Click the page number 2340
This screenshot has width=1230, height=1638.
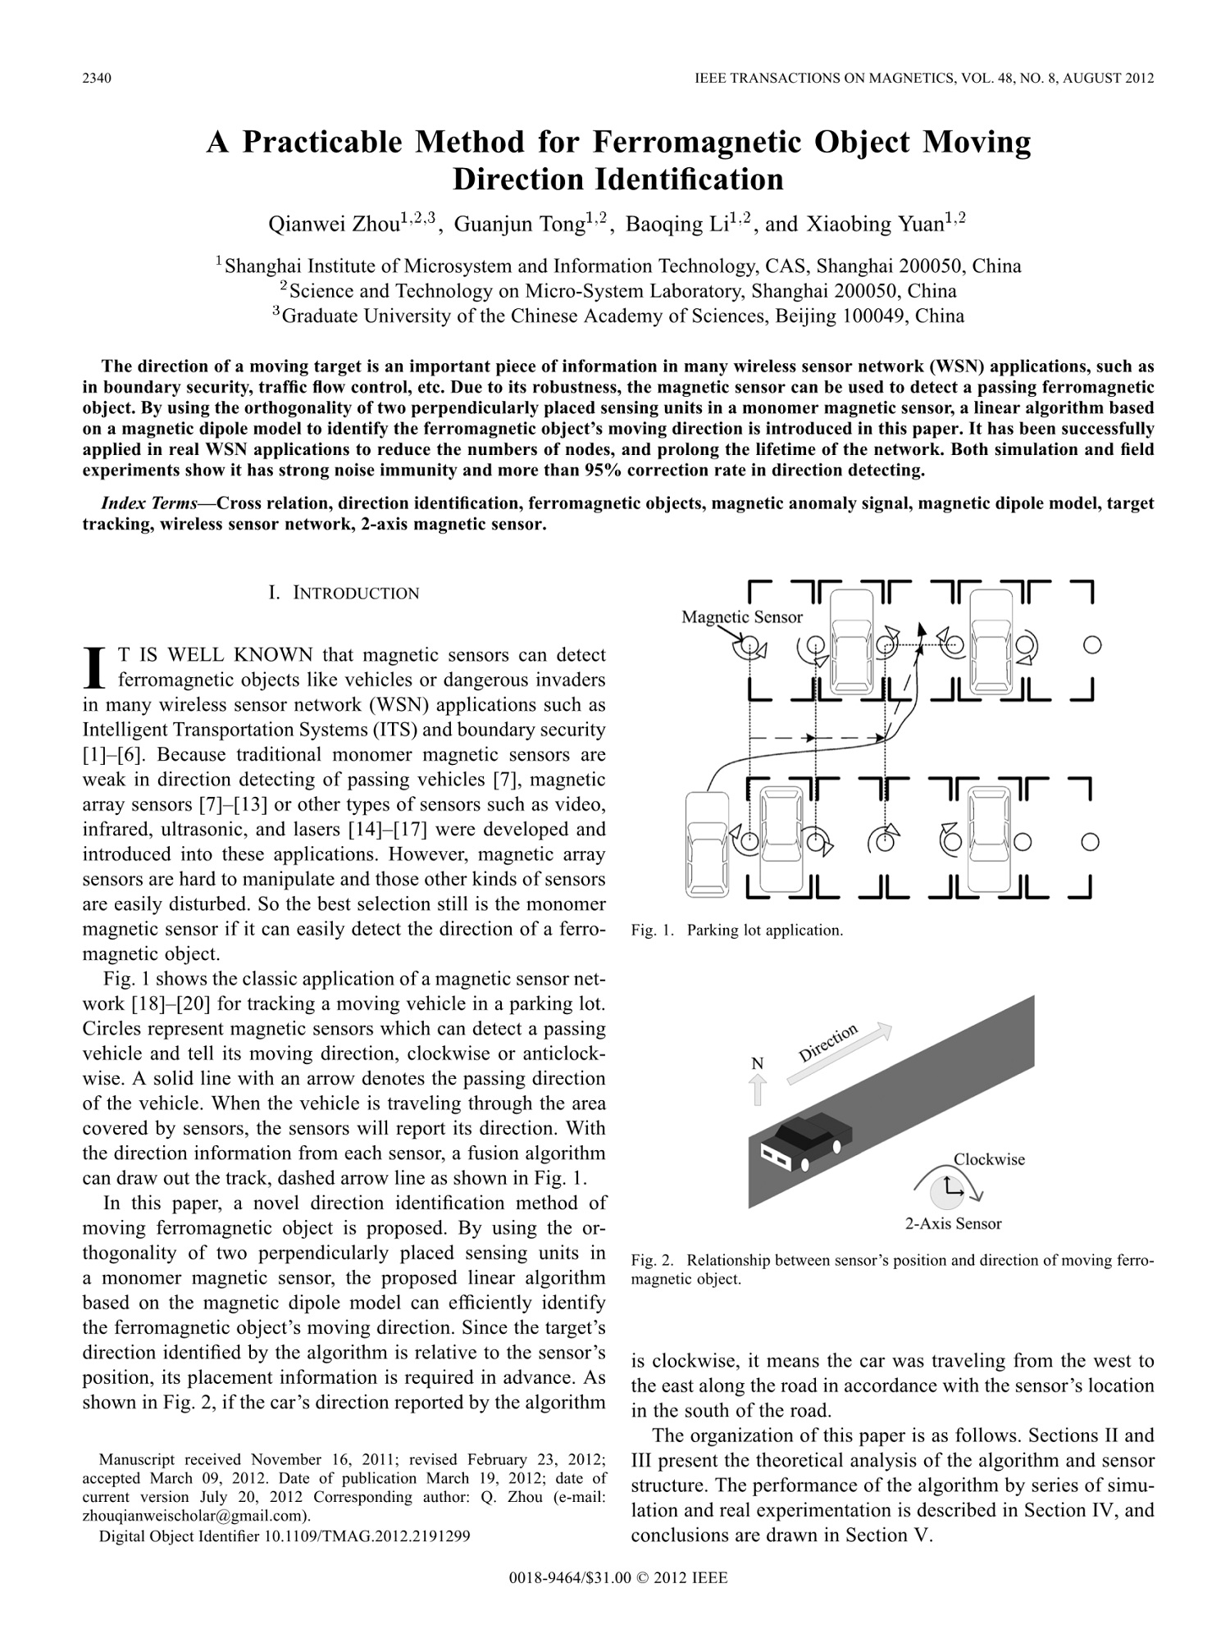tap(97, 79)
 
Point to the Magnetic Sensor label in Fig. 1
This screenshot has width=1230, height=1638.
tap(742, 617)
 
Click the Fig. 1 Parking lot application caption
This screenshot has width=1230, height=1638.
tap(737, 930)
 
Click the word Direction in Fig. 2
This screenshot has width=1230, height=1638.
tap(828, 1043)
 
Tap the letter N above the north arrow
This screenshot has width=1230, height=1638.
tap(758, 1063)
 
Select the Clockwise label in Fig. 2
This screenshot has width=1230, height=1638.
tap(989, 1159)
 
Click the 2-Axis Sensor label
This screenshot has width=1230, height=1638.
tap(953, 1224)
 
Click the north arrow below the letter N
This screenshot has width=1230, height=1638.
tap(758, 1090)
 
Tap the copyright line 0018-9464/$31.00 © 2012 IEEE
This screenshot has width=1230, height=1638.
tap(617, 1578)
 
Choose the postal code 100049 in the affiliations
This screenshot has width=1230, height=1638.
tap(876, 316)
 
